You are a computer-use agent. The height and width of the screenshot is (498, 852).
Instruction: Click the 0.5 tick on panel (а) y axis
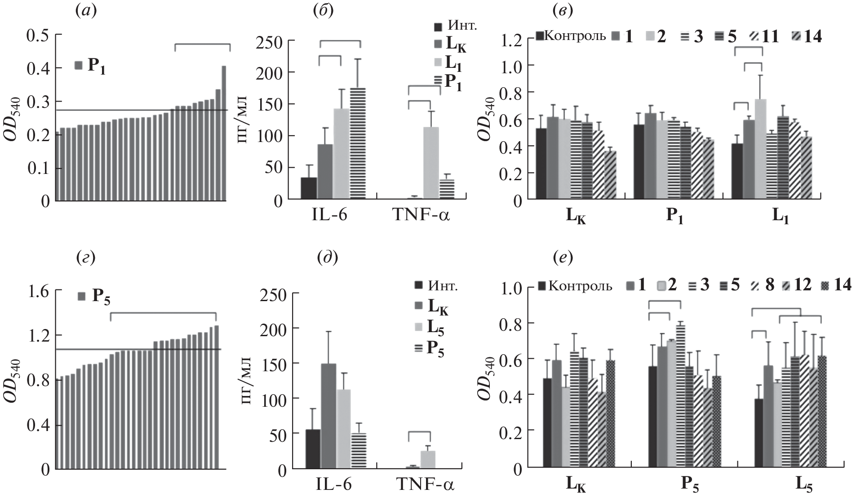[x=38, y=35]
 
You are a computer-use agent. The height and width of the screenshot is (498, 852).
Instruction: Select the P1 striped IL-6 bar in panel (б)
[x=358, y=143]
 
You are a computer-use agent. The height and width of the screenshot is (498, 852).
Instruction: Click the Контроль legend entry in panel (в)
[x=570, y=36]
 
